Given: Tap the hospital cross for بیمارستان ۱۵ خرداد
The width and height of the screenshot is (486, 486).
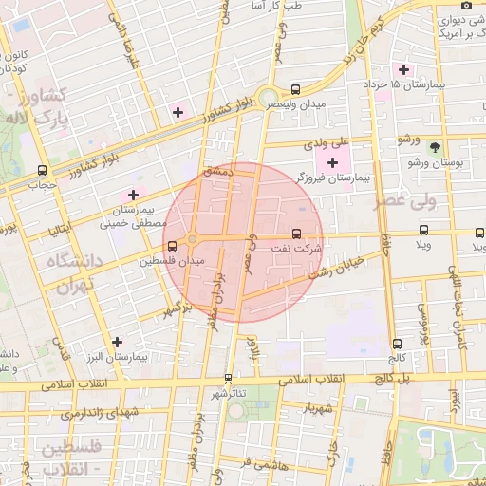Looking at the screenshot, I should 404,69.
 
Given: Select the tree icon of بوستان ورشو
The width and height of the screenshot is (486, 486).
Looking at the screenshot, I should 435,147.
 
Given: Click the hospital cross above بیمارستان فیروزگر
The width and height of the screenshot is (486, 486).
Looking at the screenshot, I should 331,163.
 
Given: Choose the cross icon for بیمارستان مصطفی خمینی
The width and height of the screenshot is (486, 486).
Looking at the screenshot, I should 133,195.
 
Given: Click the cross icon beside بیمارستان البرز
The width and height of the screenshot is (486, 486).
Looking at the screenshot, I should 117,342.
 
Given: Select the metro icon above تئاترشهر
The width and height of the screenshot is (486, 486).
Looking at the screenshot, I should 228,379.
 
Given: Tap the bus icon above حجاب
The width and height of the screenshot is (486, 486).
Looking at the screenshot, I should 41,170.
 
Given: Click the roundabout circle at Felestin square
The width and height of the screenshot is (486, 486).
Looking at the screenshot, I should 192,238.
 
